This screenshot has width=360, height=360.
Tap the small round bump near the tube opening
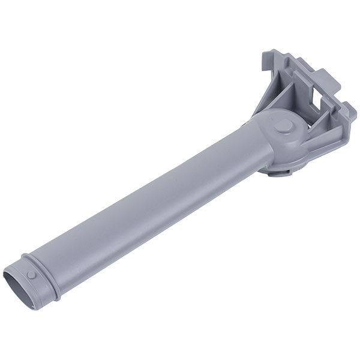[x=31, y=274]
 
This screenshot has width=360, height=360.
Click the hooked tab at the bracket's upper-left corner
[x=266, y=60]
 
